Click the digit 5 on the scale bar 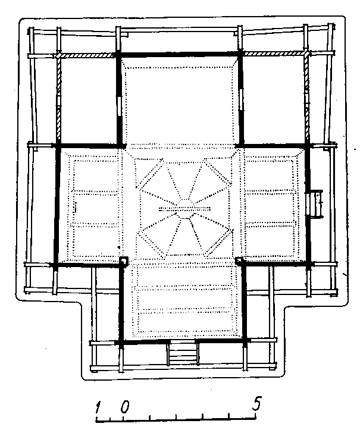[x=256, y=404]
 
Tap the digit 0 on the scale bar [x=125, y=407]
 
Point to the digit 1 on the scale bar [x=98, y=407]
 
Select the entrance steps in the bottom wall [x=183, y=353]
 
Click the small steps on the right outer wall [x=315, y=204]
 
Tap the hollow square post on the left [x=124, y=261]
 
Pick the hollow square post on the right [x=239, y=261]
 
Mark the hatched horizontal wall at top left [x=87, y=55]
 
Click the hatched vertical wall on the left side [x=58, y=100]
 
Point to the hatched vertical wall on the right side [x=306, y=98]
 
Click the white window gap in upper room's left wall [x=120, y=106]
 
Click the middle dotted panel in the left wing [x=96, y=209]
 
